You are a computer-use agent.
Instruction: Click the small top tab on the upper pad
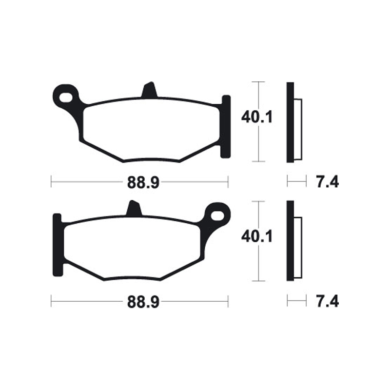(150, 91)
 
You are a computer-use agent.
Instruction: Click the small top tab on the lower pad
(133, 209)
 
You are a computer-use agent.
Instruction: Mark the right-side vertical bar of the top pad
(225, 127)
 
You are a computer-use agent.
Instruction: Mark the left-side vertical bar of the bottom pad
(57, 246)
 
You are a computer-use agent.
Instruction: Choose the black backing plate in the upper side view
(290, 122)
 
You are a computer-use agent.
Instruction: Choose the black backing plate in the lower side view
(290, 241)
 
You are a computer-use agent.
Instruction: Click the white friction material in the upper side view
(298, 129)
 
